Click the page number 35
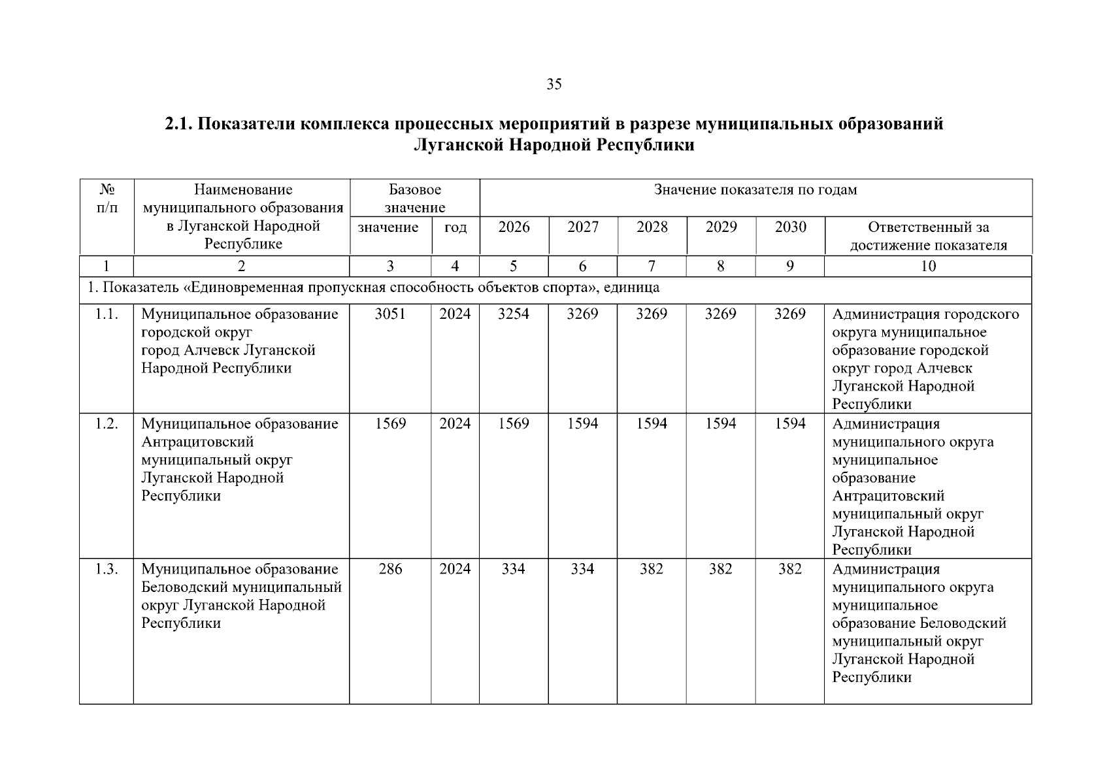(554, 84)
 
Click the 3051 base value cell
(390, 314)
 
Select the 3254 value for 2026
(513, 314)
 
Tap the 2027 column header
(582, 227)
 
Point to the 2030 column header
(790, 227)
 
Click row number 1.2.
(107, 424)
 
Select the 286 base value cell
(390, 569)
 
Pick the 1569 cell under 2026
(513, 424)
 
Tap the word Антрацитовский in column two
(197, 442)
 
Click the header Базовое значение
(414, 199)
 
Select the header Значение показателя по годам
(755, 190)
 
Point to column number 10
(928, 266)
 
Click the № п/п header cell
(107, 199)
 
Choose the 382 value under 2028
(652, 569)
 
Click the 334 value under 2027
(582, 569)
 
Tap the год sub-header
(455, 227)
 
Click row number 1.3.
(107, 569)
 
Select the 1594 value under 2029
(721, 424)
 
